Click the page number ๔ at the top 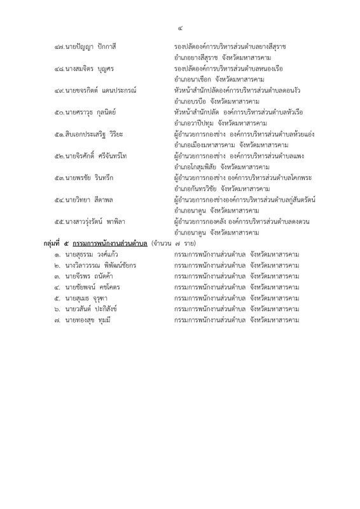click(179, 27)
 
